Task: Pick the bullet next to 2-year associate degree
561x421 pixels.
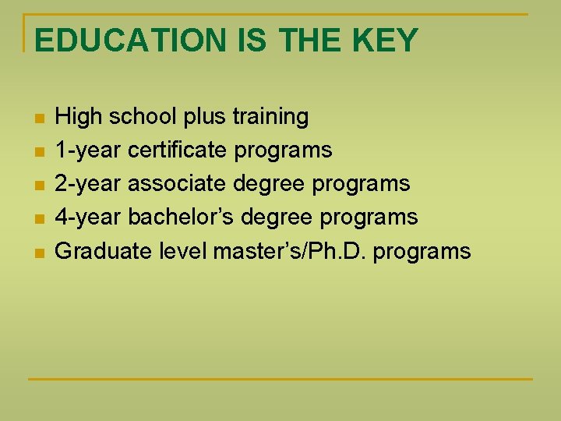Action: pyautogui.click(x=39, y=186)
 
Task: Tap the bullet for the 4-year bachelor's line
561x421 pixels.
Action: pyautogui.click(x=39, y=219)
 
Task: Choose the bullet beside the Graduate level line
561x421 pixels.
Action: pyautogui.click(x=39, y=253)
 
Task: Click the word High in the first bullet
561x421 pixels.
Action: pyautogui.click(x=79, y=118)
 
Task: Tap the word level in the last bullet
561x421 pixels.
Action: pyautogui.click(x=182, y=251)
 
